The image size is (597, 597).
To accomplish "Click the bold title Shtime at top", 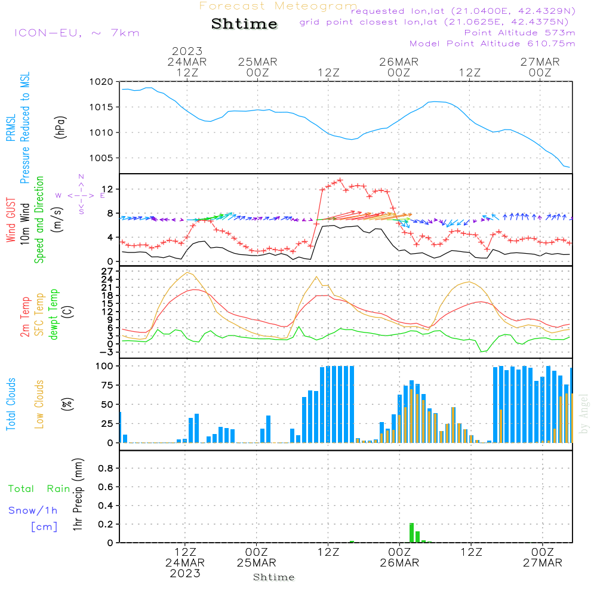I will click(x=245, y=24).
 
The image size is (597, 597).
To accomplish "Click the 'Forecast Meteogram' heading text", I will click(x=278, y=6).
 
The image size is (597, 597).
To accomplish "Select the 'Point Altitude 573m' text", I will click(x=519, y=33).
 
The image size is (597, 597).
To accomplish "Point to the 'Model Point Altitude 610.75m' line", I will click(x=493, y=44).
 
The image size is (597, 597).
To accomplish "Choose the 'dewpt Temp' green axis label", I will click(x=54, y=315).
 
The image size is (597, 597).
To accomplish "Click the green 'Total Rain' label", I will click(x=39, y=489).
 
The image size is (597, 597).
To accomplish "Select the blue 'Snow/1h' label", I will click(x=33, y=511).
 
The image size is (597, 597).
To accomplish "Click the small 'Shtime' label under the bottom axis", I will click(x=273, y=577).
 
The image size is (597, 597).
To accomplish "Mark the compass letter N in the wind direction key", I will click(x=81, y=177).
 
